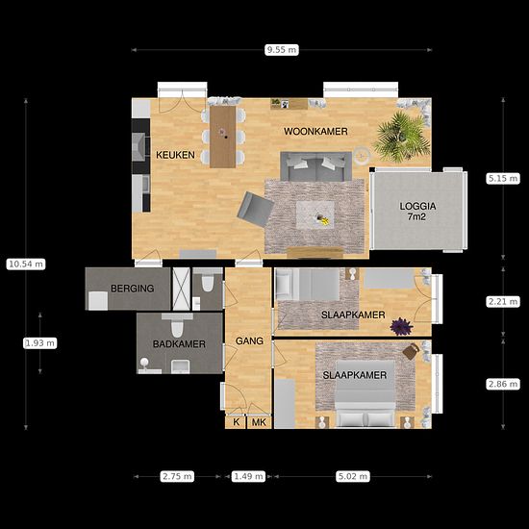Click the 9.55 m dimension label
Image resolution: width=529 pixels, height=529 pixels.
click(x=282, y=50)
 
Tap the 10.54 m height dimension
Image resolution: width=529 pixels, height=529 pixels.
click(x=26, y=264)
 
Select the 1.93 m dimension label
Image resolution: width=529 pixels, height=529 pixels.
click(x=39, y=343)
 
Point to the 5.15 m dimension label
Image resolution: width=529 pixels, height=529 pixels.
click(x=503, y=178)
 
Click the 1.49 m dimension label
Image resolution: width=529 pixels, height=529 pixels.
click(x=248, y=476)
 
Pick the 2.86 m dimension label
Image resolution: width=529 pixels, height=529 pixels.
click(x=503, y=384)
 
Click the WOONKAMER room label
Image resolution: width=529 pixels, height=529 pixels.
click(x=315, y=131)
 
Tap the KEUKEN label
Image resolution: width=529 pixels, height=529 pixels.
click(x=175, y=155)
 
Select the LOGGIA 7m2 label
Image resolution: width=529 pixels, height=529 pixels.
click(x=417, y=212)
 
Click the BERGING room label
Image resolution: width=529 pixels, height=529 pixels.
click(x=133, y=289)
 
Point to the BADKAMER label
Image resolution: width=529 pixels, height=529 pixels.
click(x=179, y=344)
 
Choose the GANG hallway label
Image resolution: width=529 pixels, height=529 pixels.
click(x=249, y=340)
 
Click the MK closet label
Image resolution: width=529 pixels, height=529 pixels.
click(x=259, y=422)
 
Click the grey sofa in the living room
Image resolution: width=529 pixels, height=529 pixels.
click(x=316, y=166)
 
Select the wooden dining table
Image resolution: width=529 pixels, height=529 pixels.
click(x=223, y=137)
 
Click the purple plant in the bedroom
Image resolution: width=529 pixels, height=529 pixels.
click(x=401, y=326)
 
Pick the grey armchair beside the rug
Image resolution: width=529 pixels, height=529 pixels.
click(x=255, y=209)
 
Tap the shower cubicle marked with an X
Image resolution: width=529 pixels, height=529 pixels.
click(x=181, y=289)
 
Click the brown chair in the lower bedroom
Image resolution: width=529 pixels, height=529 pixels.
click(x=411, y=351)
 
